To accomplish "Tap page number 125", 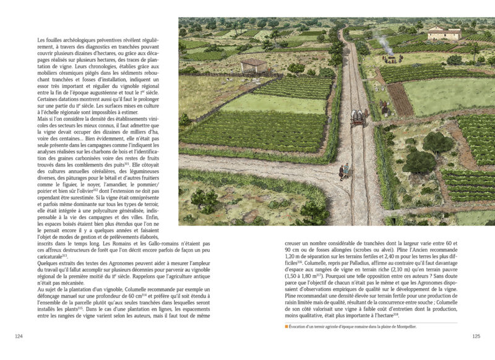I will [476, 336].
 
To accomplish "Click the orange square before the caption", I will [286, 325].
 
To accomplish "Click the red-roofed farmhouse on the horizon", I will [444, 33].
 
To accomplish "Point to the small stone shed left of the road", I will [254, 65].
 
